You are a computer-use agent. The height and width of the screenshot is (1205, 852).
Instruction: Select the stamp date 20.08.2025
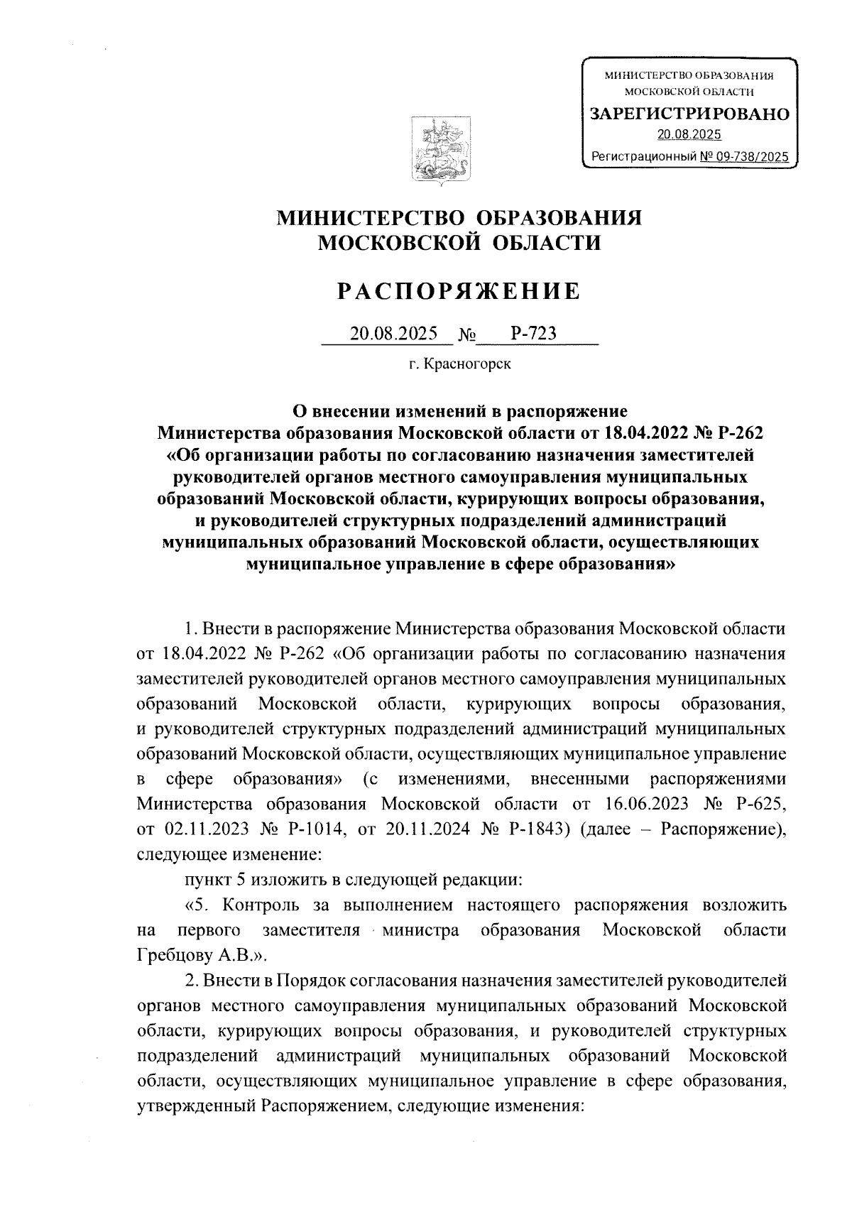pos(689,135)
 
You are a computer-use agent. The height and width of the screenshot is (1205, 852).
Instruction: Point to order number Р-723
pos(532,333)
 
